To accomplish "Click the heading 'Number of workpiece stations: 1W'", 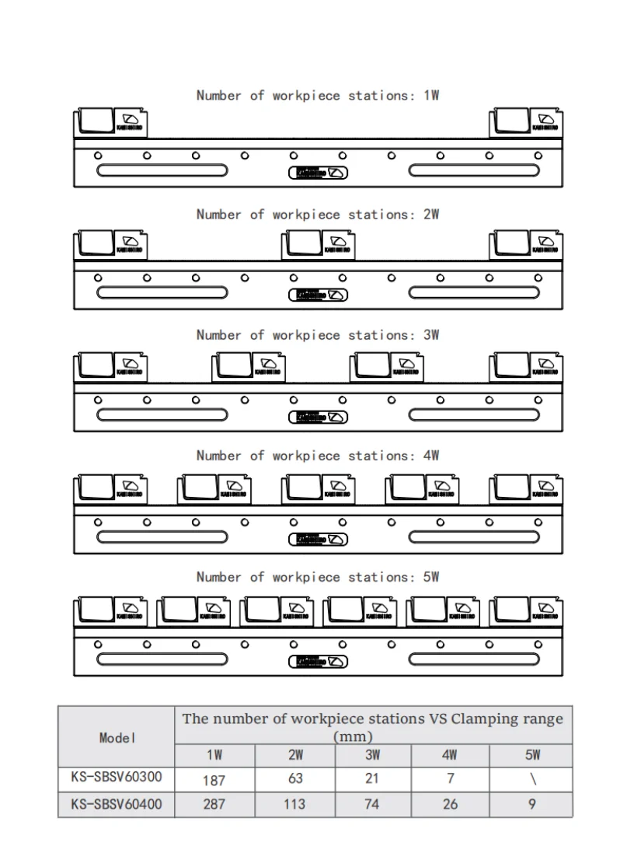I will [x=318, y=96].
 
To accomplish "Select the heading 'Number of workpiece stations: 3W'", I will [x=318, y=335].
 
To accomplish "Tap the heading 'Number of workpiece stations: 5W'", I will [x=318, y=577].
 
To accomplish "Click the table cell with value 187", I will [x=214, y=779].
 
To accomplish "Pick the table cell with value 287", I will [x=214, y=804].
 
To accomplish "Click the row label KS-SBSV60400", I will [x=117, y=804].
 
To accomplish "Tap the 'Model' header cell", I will [x=117, y=737].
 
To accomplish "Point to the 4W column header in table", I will [x=451, y=755].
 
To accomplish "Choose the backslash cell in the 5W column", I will [x=532, y=779].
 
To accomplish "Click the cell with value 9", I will [x=532, y=804].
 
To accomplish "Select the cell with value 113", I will [x=294, y=804].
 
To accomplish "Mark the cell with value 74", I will [x=372, y=804].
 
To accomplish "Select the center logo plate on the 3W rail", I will [x=318, y=418].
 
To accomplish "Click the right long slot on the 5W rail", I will [x=473, y=660].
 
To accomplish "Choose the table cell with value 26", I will [x=451, y=804].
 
